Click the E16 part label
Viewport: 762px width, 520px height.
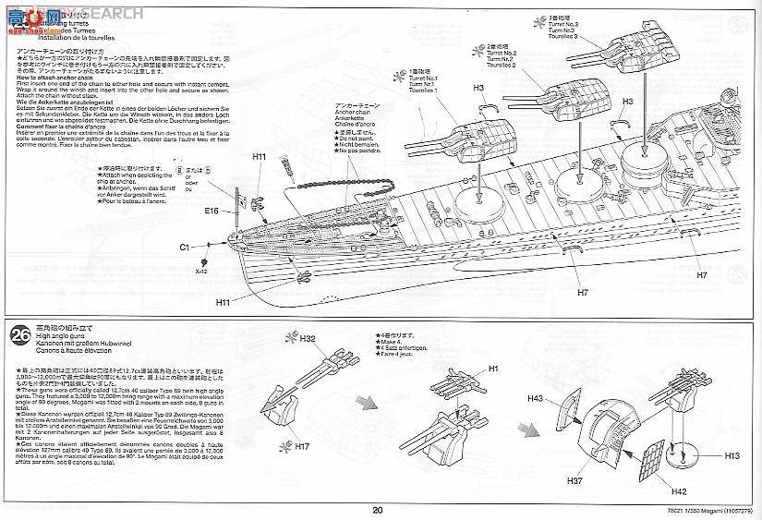[212, 211]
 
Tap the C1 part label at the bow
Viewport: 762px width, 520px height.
[184, 248]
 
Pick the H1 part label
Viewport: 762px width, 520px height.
[493, 369]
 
